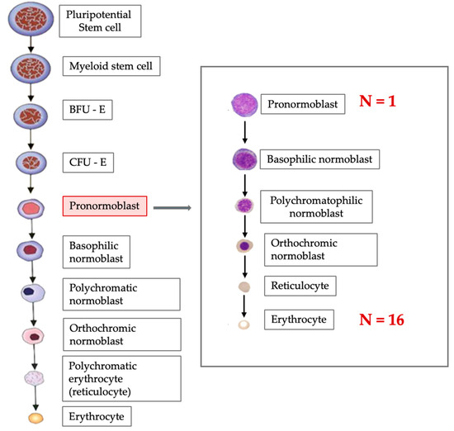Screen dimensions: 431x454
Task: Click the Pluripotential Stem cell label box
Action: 103,21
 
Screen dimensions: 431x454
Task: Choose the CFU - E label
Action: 88,159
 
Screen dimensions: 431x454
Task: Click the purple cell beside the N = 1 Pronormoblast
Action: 244,105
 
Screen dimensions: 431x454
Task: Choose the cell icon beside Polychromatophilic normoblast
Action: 244,206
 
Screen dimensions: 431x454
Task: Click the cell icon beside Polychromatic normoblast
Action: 32,291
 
